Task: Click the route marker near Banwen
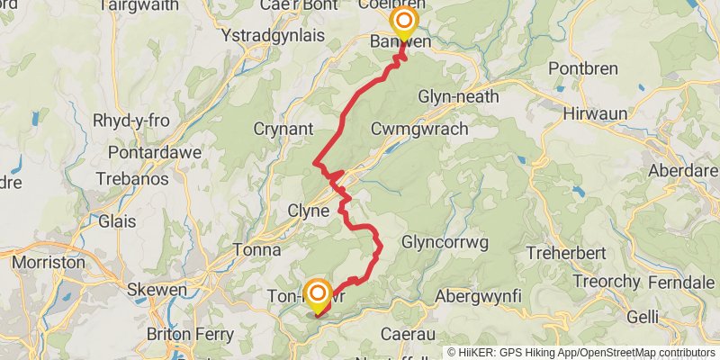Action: click(404, 22)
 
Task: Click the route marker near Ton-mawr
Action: click(317, 293)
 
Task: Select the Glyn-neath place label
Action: click(455, 96)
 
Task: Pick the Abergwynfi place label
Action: click(477, 296)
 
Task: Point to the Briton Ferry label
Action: click(191, 335)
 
